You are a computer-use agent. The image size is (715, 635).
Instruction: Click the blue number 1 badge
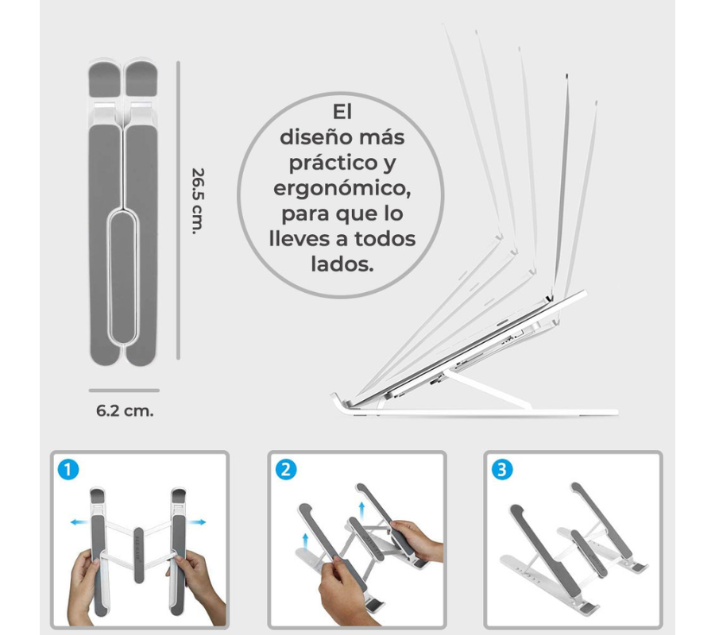coord(68,469)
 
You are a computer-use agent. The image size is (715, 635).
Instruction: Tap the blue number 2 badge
coord(286,469)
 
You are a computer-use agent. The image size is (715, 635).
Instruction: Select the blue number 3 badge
coord(502,469)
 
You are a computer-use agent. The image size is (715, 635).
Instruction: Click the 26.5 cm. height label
coord(198,201)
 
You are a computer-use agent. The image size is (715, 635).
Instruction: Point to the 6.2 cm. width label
coord(125,411)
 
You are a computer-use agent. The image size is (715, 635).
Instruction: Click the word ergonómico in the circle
coord(342,189)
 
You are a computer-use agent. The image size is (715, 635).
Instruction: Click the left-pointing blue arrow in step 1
coord(79,522)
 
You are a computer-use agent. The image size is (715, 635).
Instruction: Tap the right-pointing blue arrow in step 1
coord(196,522)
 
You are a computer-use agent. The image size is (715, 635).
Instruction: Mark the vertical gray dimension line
coord(178,210)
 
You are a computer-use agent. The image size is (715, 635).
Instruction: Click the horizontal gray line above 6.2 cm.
coord(124,391)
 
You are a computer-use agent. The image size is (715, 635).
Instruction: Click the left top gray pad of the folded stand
coord(105,79)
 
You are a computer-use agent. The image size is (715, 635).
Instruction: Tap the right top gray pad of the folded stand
coord(141,79)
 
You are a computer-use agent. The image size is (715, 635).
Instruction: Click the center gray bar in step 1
coord(138,555)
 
